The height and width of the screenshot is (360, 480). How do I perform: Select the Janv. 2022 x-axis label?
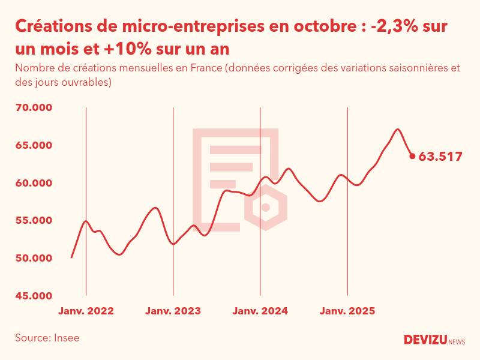pyautogui.click(x=86, y=311)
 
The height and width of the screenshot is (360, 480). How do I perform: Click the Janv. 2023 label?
pyautogui.click(x=173, y=311)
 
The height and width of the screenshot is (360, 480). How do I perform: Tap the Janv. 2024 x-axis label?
pyautogui.click(x=260, y=311)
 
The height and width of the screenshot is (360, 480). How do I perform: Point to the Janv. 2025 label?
pyautogui.click(x=347, y=311)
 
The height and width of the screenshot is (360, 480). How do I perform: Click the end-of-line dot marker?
pyautogui.click(x=412, y=156)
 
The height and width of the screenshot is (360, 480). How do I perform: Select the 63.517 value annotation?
pyautogui.click(x=440, y=157)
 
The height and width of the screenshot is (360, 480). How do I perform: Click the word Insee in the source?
pyautogui.click(x=66, y=338)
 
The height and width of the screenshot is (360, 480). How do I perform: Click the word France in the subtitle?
pyautogui.click(x=206, y=68)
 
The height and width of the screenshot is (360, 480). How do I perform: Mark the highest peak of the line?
pyautogui.click(x=397, y=129)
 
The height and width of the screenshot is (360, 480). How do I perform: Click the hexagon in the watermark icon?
pyautogui.click(x=266, y=208)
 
